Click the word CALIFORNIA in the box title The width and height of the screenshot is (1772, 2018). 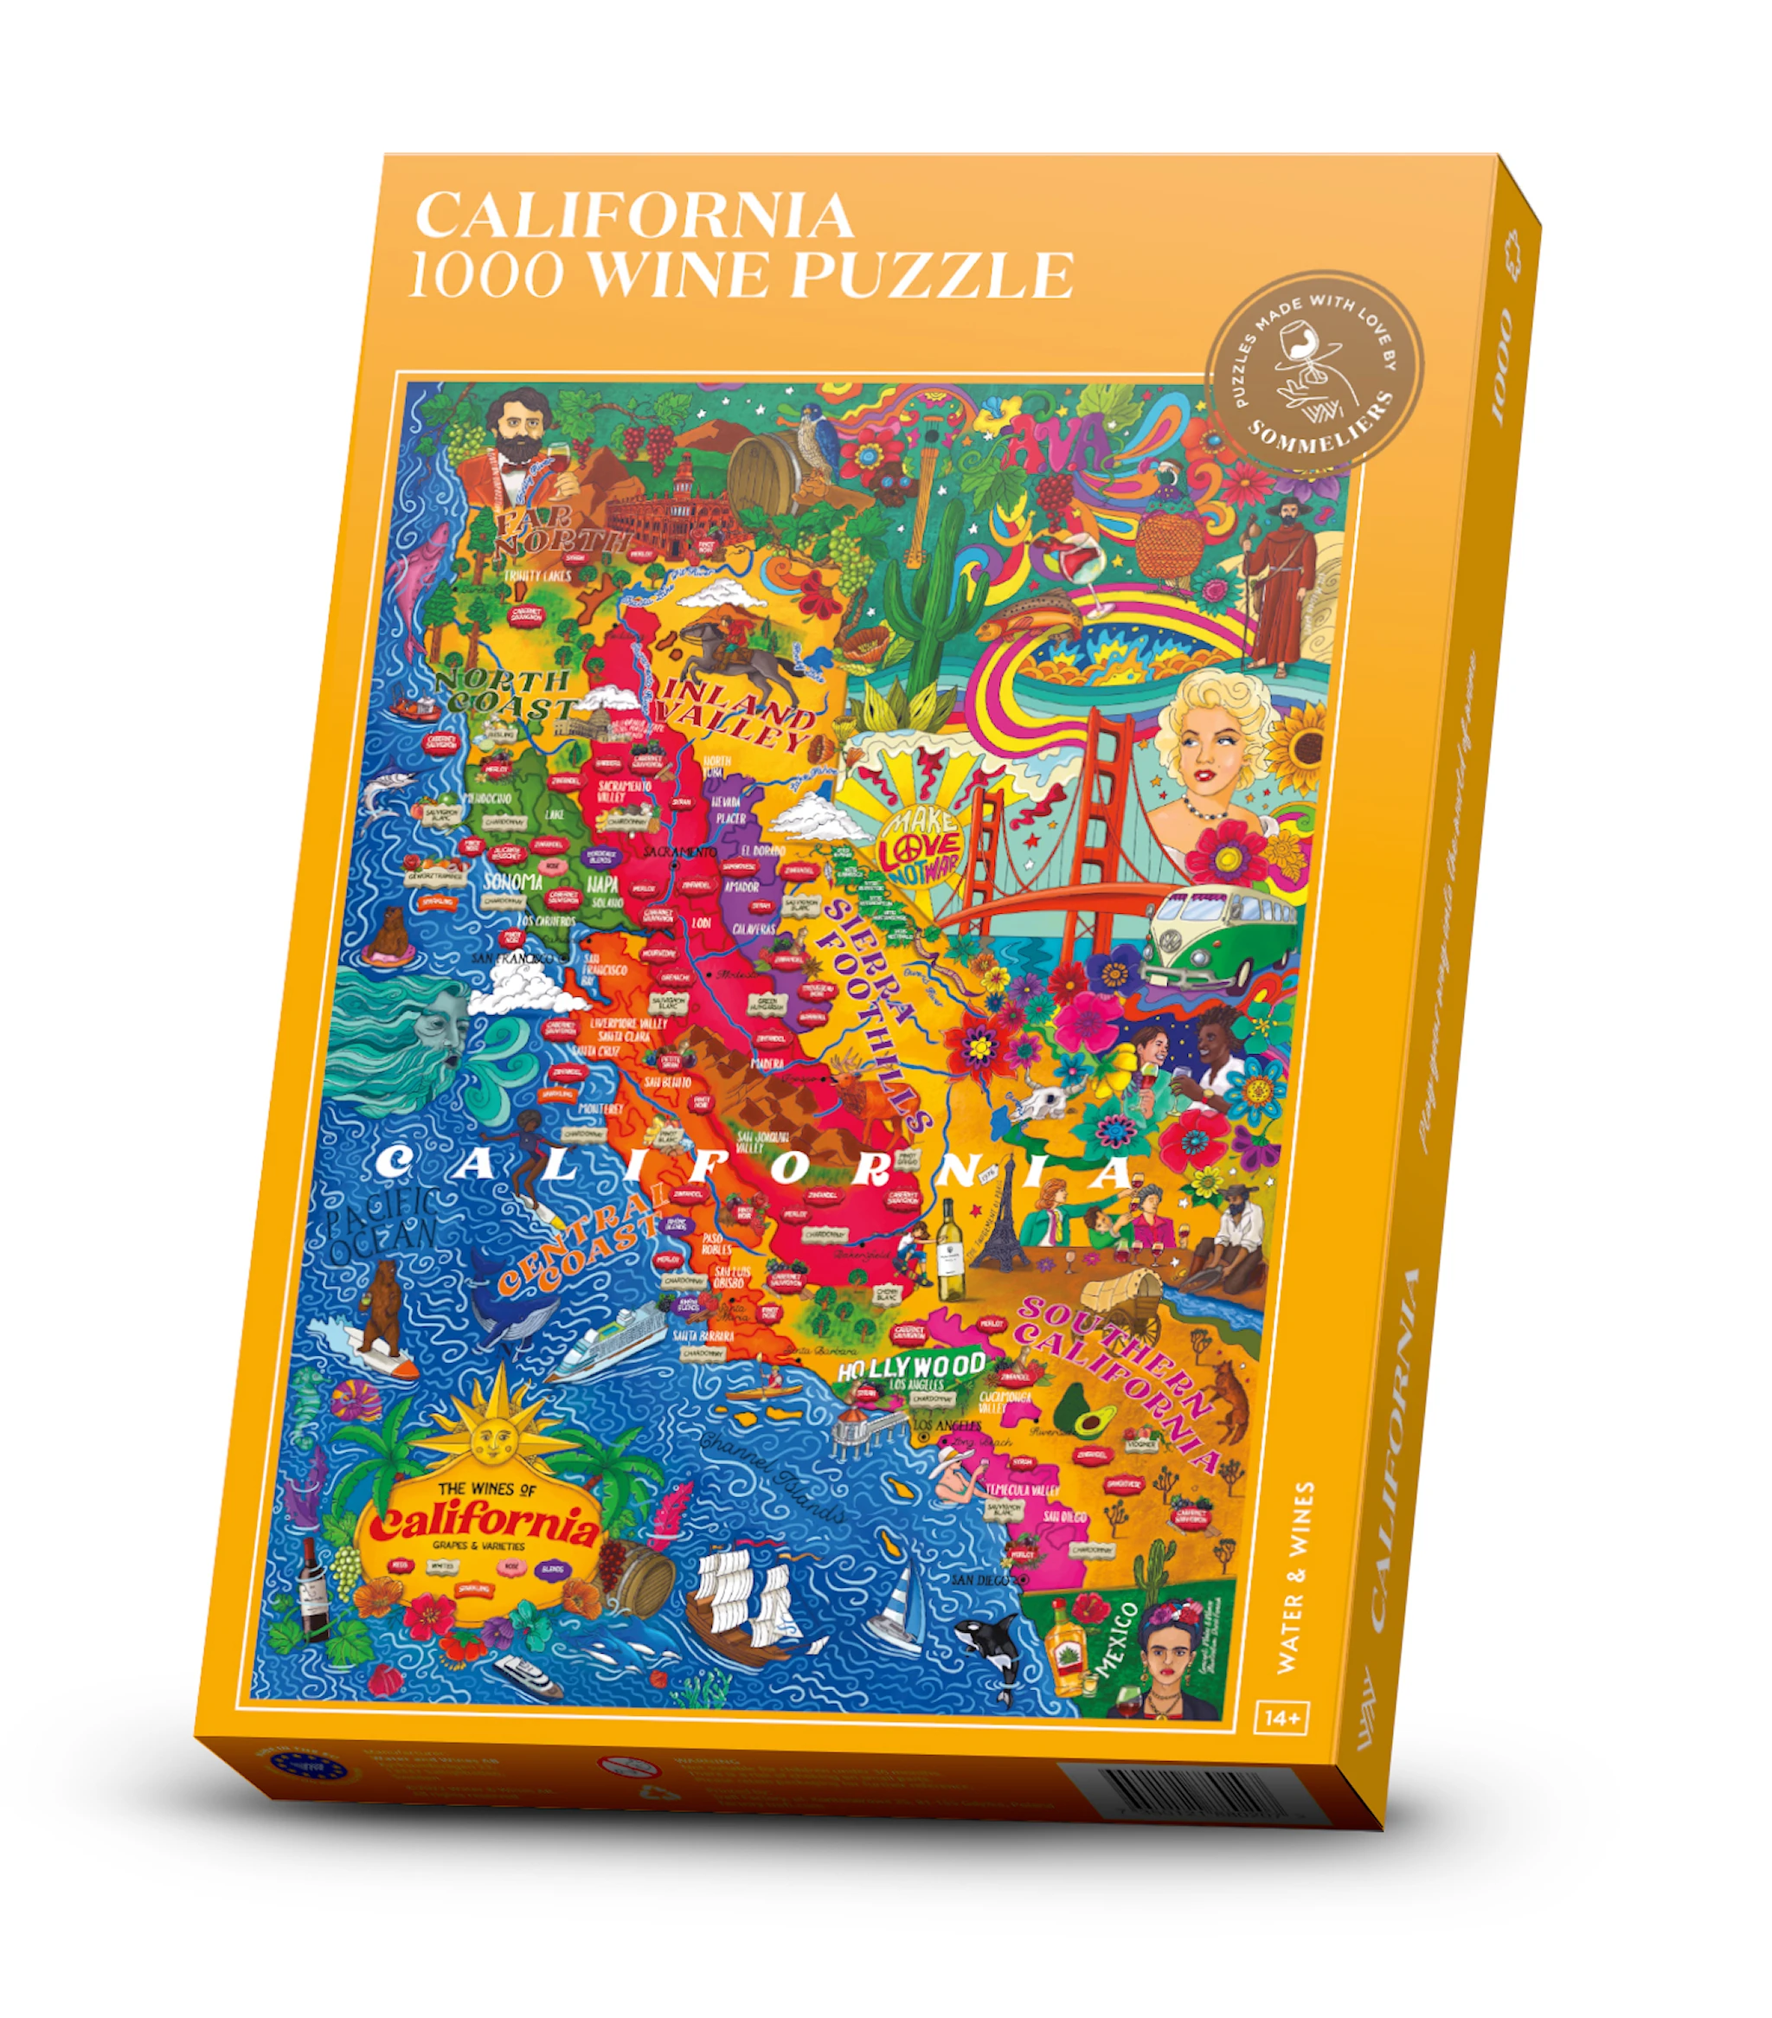tap(633, 215)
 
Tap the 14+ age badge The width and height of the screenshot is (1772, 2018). tap(1282, 1718)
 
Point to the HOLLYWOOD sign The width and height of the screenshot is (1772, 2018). tap(910, 1366)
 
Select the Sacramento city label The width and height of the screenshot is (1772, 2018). tap(679, 851)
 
